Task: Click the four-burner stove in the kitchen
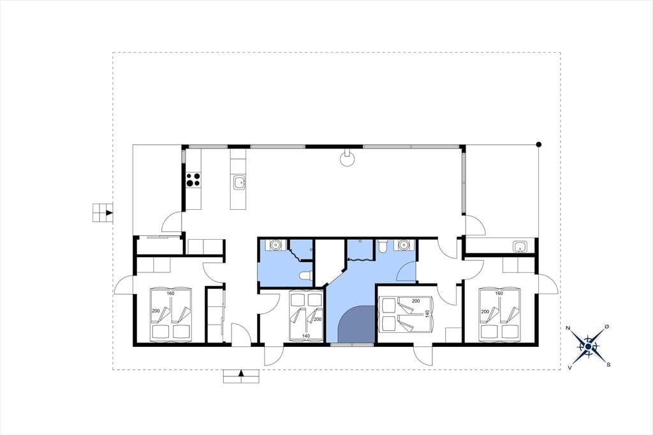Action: pos(193,179)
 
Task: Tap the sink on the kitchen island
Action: pos(238,182)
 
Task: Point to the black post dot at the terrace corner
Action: pos(538,145)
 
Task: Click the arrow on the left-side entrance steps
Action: pos(109,213)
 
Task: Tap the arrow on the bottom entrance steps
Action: pos(240,373)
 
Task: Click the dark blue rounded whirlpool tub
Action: pos(356,324)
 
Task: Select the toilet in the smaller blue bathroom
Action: pos(306,276)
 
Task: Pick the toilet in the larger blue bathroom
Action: pos(383,246)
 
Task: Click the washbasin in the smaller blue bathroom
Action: pos(274,244)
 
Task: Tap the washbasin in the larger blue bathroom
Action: pos(403,244)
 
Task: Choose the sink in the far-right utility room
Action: pos(519,247)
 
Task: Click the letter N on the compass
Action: pos(568,328)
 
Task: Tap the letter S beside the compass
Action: pos(608,365)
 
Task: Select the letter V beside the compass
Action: pos(569,367)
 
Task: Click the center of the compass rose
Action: pos(587,346)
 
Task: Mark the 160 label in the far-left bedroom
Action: pos(170,293)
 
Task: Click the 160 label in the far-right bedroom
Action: pos(499,293)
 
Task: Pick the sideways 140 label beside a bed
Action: pos(427,314)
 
